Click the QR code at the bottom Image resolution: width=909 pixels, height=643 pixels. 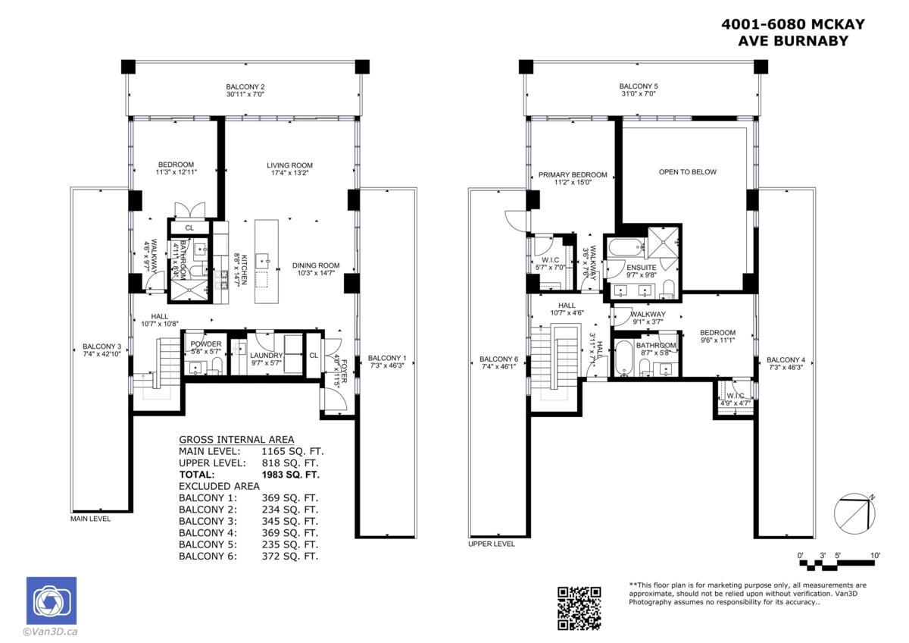pos(579,607)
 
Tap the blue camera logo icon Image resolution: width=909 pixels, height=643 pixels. pos(51,601)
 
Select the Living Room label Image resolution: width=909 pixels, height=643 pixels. pos(289,165)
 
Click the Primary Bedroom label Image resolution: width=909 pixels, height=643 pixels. pos(572,175)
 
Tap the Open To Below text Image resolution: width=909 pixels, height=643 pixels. pos(687,172)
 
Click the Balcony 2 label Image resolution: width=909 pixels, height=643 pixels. pos(245,86)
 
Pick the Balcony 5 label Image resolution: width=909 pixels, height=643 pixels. pos(638,86)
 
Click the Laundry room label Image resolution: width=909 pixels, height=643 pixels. pos(267,355)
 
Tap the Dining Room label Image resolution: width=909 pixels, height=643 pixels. pos(316,265)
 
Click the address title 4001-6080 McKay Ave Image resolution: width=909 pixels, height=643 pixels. pos(792,32)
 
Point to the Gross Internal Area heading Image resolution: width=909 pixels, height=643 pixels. pos(236,440)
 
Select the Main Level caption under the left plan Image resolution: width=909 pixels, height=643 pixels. pos(90,519)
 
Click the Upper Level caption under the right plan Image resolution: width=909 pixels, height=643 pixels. pos(491,544)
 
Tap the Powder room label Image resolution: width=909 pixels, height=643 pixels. pos(206,343)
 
